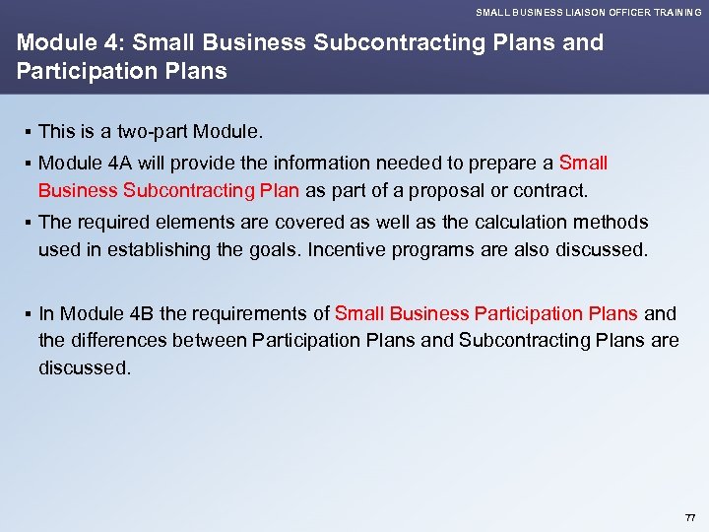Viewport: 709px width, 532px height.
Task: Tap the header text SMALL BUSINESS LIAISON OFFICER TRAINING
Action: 588,12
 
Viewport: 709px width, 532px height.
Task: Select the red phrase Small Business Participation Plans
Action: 487,313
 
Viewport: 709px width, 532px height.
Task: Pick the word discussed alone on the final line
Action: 84,366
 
